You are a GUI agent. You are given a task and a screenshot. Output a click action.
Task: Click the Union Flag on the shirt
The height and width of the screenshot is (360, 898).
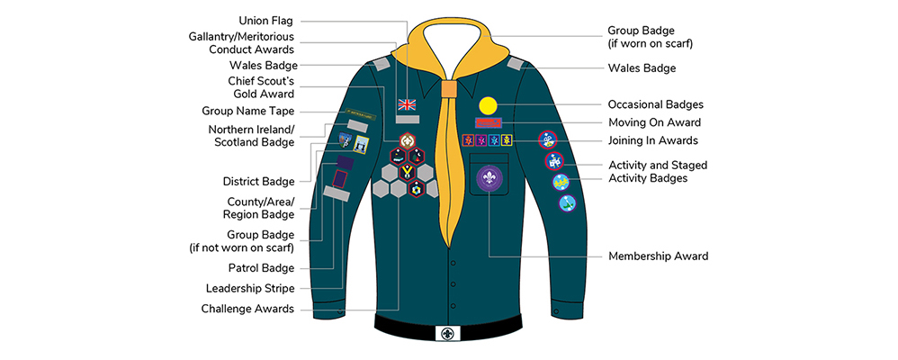click(x=408, y=103)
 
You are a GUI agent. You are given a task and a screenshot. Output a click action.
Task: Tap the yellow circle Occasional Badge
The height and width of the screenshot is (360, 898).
click(x=487, y=104)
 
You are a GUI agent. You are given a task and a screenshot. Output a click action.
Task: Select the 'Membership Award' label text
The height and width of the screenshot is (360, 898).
click(x=658, y=256)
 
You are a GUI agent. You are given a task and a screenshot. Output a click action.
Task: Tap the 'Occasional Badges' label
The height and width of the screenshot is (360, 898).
click(x=655, y=104)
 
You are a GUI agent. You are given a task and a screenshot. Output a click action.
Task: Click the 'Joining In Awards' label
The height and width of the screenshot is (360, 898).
click(x=653, y=140)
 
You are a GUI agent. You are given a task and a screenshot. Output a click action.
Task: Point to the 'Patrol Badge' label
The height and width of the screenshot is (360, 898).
click(x=262, y=268)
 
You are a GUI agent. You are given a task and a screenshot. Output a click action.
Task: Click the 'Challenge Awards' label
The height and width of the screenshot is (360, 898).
click(x=248, y=309)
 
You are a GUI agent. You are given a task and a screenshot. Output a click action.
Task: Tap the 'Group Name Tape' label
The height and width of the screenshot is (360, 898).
click(x=247, y=111)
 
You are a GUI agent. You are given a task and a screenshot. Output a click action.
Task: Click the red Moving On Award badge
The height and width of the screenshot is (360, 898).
click(x=486, y=122)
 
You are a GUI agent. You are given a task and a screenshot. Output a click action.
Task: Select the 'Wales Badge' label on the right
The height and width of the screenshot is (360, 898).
click(x=642, y=67)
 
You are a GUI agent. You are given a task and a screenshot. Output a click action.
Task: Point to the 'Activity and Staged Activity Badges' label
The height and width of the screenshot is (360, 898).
click(x=658, y=171)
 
